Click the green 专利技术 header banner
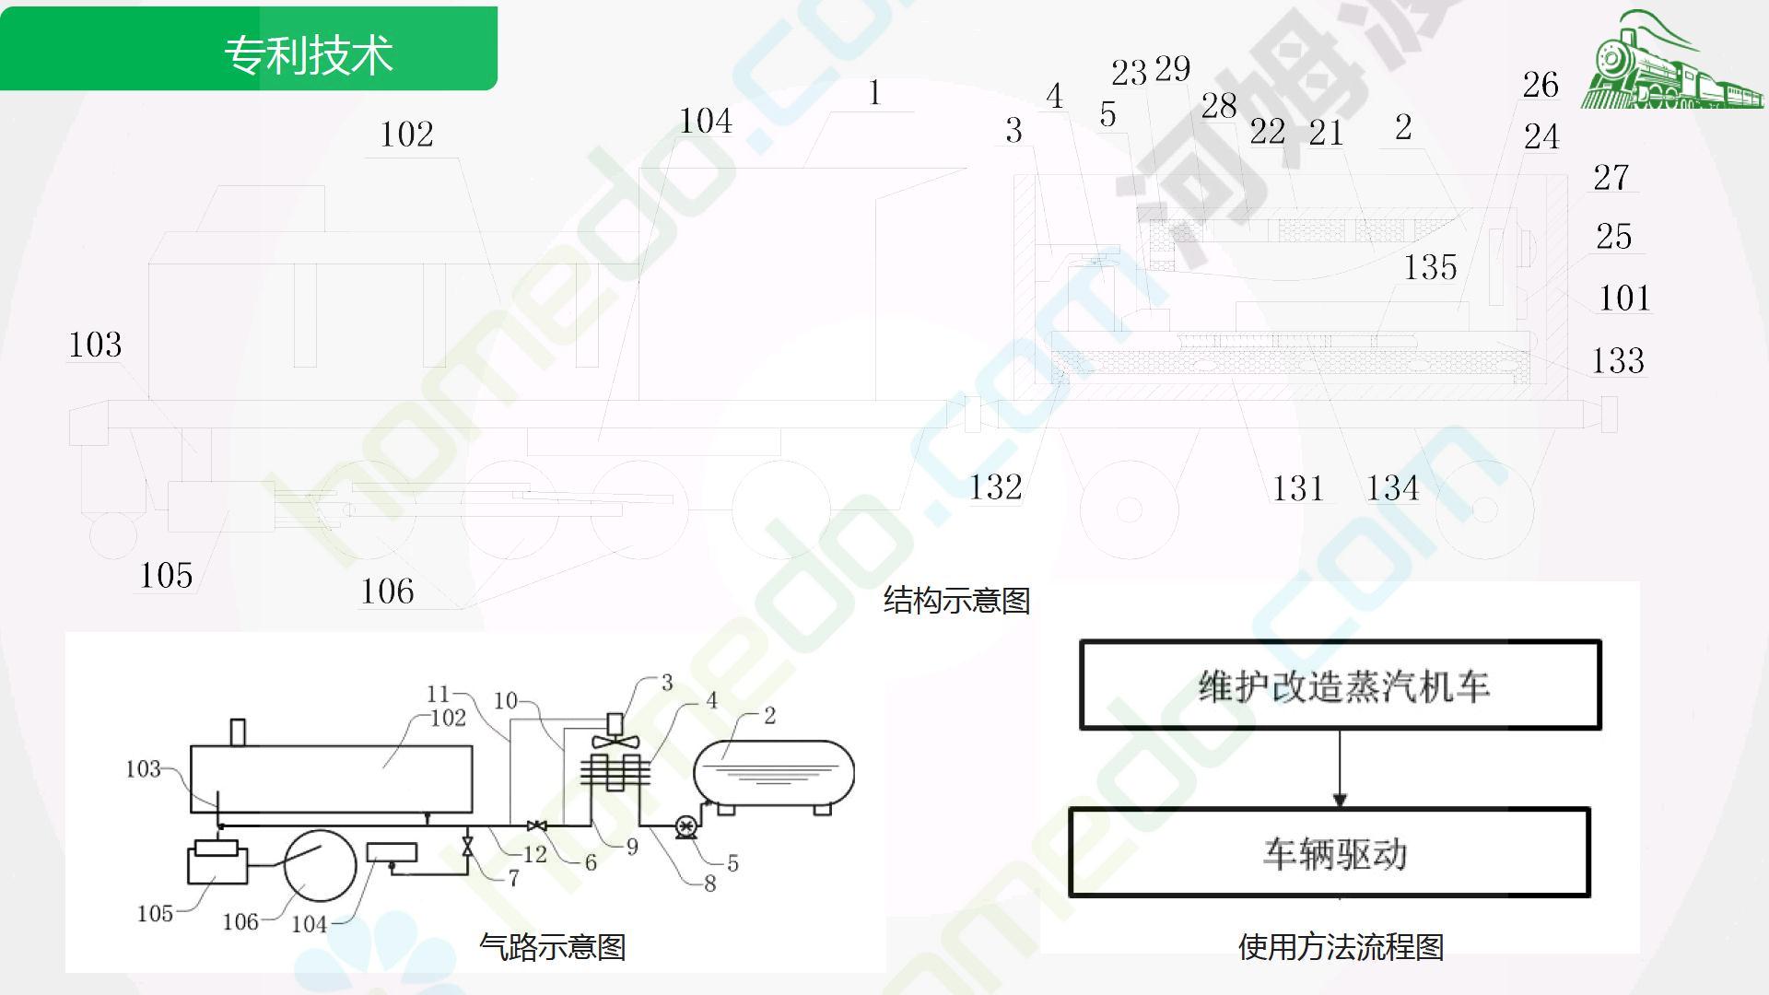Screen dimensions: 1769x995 click(x=249, y=49)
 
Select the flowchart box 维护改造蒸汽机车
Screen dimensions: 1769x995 click(x=1341, y=685)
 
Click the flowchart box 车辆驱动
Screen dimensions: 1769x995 click(x=1330, y=853)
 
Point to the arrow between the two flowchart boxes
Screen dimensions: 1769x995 click(x=1340, y=769)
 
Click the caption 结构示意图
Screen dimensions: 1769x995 click(x=956, y=601)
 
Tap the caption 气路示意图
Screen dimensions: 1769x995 click(x=553, y=946)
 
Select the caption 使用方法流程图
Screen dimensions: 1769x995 click(x=1341, y=946)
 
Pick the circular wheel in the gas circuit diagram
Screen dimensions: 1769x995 click(x=320, y=866)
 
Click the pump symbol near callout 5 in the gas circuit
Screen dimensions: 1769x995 click(x=685, y=826)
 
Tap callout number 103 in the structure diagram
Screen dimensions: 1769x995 click(x=95, y=345)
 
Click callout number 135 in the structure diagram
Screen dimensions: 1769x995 click(x=1430, y=267)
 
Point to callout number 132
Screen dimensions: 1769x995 click(x=995, y=487)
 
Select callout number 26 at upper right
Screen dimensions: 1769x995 click(x=1541, y=85)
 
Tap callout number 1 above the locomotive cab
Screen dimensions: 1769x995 click(x=874, y=93)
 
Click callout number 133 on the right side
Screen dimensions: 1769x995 click(x=1618, y=360)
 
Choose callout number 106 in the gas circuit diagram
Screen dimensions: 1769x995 click(x=240, y=921)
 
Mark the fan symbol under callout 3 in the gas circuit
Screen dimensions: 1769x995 click(x=615, y=740)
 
